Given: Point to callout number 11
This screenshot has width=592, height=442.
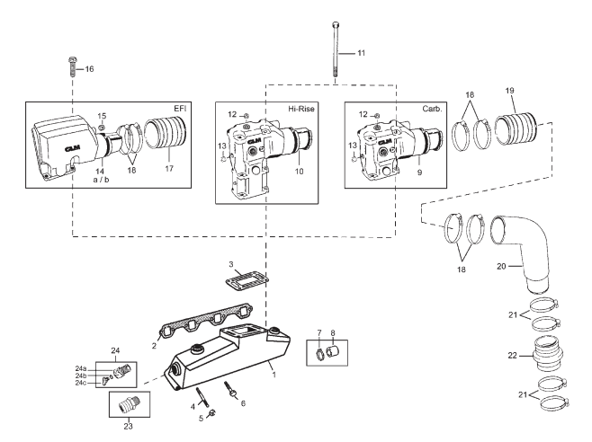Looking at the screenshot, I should point(361,54).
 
